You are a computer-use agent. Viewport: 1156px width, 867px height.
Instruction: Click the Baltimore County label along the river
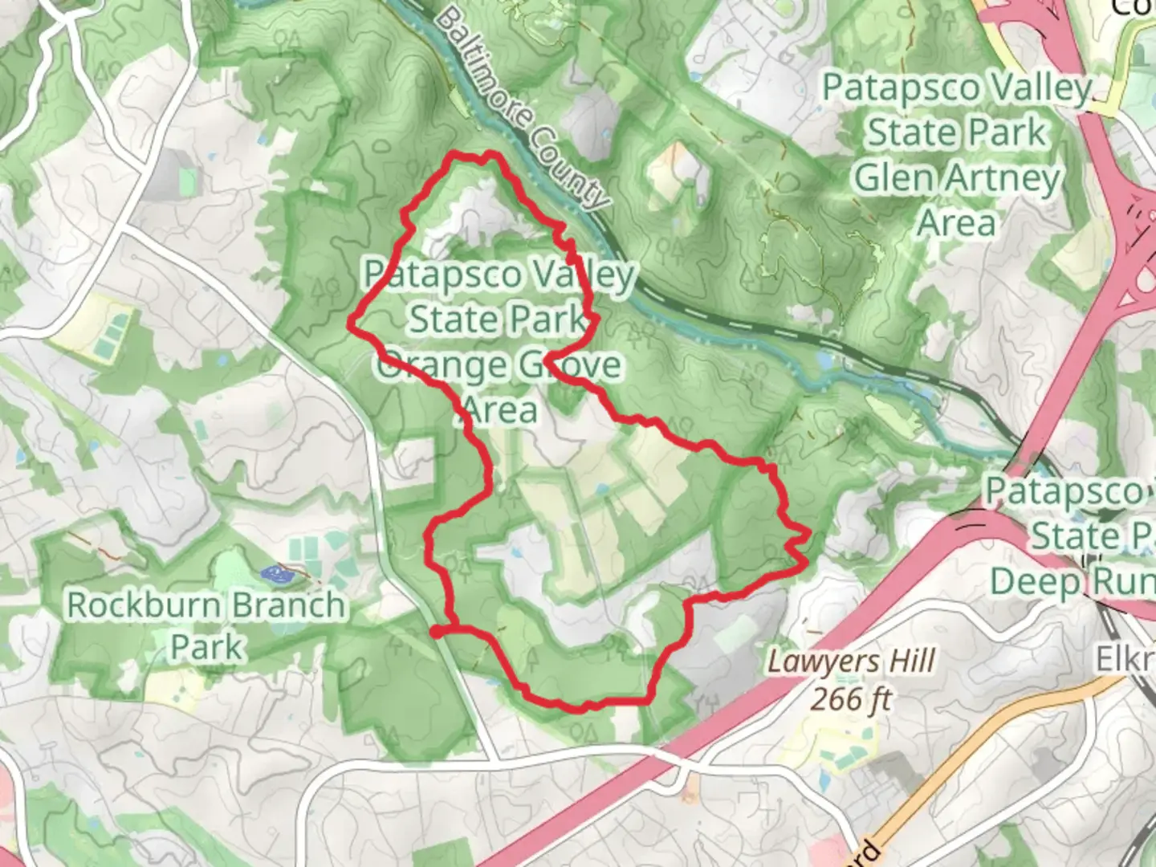point(522,110)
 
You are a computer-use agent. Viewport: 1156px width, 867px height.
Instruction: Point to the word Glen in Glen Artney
point(891,178)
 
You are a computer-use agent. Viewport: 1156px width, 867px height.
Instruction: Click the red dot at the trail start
point(436,633)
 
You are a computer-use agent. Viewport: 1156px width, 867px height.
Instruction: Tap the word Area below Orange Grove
point(500,410)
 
